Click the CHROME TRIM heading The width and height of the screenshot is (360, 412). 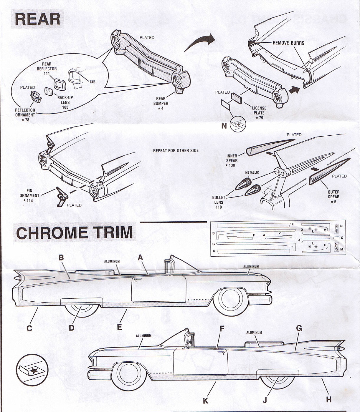(74, 232)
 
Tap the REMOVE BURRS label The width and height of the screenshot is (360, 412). (288, 43)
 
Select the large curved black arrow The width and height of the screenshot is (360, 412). (199, 42)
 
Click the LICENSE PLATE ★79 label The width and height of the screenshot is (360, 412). (259, 113)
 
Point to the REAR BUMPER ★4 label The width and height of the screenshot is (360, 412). (161, 103)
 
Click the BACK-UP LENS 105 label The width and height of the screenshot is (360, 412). (65, 102)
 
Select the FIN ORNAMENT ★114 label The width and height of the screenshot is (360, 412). (29, 195)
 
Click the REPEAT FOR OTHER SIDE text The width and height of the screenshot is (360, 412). (176, 150)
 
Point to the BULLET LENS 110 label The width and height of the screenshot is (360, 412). (219, 202)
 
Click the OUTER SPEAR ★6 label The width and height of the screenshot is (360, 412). (333, 197)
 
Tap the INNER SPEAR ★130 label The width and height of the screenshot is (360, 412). (232, 160)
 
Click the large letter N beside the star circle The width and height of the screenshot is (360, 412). (224, 126)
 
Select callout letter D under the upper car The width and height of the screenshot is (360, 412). (71, 328)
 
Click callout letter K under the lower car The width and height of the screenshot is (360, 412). (205, 401)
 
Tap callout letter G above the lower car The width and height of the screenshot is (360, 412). (299, 328)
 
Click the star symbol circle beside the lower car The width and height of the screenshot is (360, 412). (32, 369)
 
